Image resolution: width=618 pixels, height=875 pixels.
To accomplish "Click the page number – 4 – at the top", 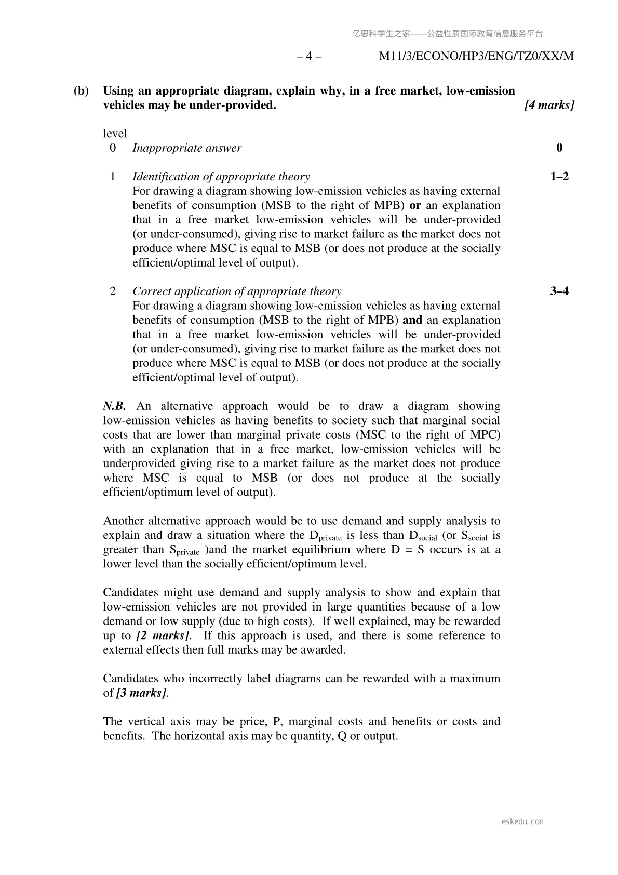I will pyautogui.click(x=309, y=56).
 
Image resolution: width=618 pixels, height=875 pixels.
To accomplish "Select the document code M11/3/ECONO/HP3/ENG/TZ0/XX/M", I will pyautogui.click(x=476, y=56).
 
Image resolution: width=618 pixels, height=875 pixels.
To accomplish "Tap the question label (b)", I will pyautogui.click(x=81, y=91).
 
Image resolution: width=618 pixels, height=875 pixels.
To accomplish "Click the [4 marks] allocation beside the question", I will pyautogui.click(x=549, y=105).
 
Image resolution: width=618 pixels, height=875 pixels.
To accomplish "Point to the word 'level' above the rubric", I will pyautogui.click(x=115, y=134).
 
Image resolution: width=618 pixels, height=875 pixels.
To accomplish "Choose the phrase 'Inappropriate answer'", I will pyautogui.click(x=187, y=148).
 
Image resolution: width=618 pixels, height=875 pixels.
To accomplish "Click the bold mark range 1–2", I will pyautogui.click(x=559, y=177).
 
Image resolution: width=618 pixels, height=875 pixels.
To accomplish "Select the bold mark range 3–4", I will pyautogui.click(x=559, y=291).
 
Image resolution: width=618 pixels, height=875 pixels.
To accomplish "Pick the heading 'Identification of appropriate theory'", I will pyautogui.click(x=221, y=177).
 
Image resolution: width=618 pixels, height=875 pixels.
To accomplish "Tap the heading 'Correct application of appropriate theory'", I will pyautogui.click(x=237, y=291).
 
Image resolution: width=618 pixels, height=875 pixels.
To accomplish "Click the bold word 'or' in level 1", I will pyautogui.click(x=415, y=205).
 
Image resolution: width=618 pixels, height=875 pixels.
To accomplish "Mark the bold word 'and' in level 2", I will pyautogui.click(x=412, y=320).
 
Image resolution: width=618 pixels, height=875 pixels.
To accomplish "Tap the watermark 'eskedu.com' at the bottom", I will pyautogui.click(x=523, y=821).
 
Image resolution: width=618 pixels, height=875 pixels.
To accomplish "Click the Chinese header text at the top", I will pyautogui.click(x=447, y=34).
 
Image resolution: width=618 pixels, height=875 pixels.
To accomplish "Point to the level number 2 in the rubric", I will pyautogui.click(x=113, y=291).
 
